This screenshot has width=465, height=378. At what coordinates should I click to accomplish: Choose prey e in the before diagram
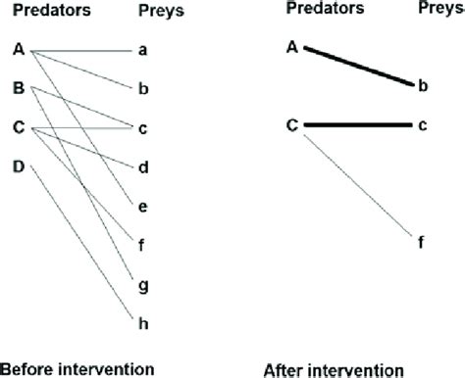(x=143, y=206)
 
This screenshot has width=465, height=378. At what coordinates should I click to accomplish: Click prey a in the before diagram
(x=143, y=48)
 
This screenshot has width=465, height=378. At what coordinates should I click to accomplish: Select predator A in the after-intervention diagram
(x=292, y=46)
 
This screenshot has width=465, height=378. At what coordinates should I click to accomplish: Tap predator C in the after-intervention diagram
(x=292, y=125)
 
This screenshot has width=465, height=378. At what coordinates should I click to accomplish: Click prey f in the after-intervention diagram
(x=422, y=242)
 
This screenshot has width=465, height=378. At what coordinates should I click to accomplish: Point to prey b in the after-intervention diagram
(x=422, y=86)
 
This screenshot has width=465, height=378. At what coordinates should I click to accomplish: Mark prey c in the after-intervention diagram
(x=422, y=125)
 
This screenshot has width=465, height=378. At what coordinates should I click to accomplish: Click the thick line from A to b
(x=358, y=66)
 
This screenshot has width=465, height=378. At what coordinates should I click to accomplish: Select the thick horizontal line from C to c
(x=358, y=125)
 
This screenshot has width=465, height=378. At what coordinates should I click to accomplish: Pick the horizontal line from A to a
(x=83, y=48)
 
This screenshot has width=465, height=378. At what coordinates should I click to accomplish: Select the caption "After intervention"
(x=335, y=370)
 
